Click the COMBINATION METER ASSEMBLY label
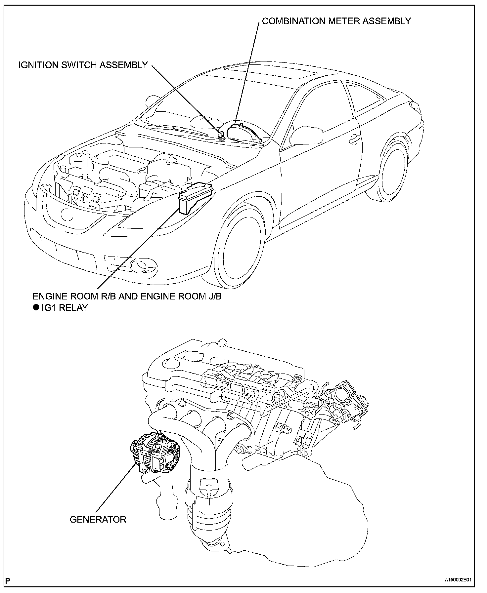pyautogui.click(x=336, y=21)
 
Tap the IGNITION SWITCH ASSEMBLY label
pyautogui.click(x=83, y=65)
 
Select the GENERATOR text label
pyautogui.click(x=98, y=519)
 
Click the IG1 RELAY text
pyautogui.click(x=65, y=308)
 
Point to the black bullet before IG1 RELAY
pyautogui.click(x=36, y=308)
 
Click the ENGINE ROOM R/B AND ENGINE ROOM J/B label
pyautogui.click(x=127, y=296)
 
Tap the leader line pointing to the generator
pyautogui.click(x=116, y=489)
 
